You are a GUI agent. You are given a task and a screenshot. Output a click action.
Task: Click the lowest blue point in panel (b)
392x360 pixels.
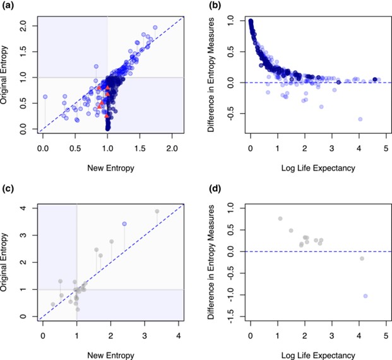coord(360,119)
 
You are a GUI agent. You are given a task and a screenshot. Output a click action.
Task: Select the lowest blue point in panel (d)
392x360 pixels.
coord(365,296)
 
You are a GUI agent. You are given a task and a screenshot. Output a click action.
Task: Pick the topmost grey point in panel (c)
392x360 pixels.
coord(157,211)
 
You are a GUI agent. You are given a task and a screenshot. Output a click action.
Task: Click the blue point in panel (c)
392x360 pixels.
coord(124,224)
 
